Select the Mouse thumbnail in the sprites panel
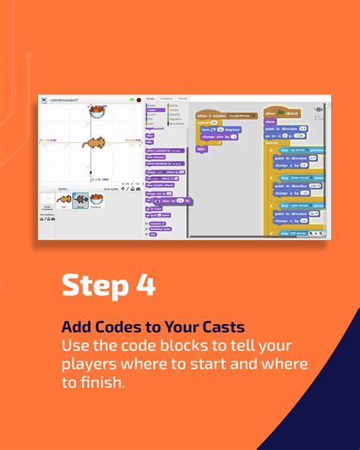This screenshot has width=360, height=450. coord(79,200)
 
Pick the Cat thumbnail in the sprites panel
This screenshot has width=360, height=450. coord(64,200)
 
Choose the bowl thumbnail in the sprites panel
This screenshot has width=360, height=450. coord(96,200)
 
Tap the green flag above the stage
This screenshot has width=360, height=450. coord(131,99)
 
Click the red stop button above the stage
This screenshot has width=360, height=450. coord(138,99)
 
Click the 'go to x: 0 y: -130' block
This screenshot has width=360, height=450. coord(286,136)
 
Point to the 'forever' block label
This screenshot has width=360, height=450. coord(272,143)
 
